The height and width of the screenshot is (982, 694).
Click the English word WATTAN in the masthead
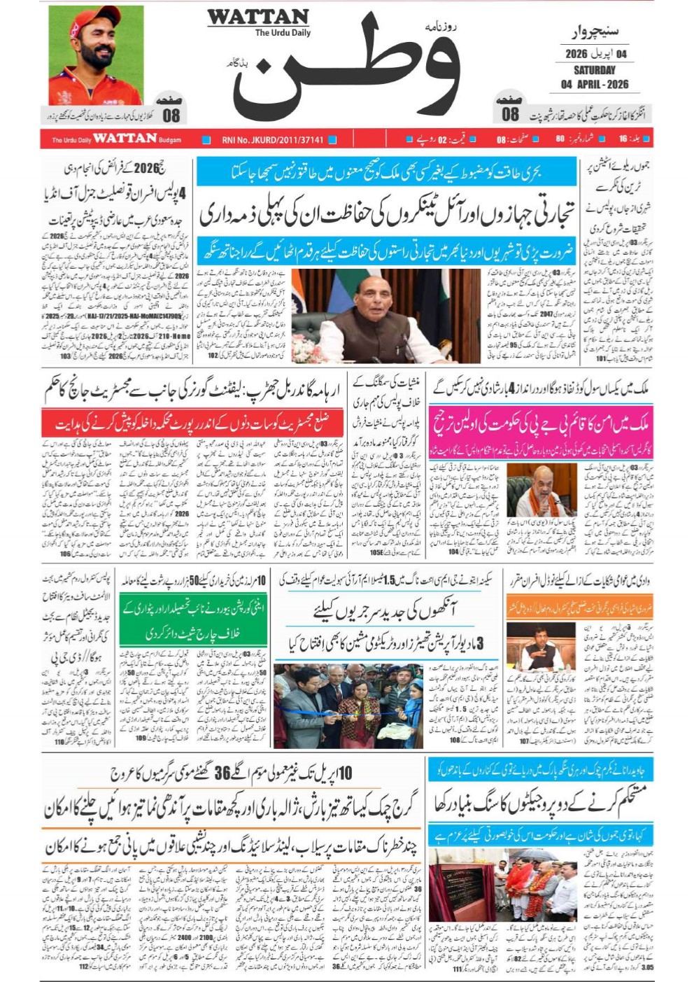[x=257, y=17]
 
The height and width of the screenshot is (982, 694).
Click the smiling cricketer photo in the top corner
[x=96, y=55]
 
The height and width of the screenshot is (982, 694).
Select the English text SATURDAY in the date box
[x=594, y=70]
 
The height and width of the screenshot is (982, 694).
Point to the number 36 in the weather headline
[x=222, y=773]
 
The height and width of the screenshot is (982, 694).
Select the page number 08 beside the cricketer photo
[x=171, y=115]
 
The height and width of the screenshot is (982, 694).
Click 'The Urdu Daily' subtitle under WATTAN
[x=282, y=33]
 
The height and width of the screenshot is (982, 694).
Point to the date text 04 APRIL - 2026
[x=594, y=84]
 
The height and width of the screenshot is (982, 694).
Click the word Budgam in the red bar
[x=170, y=140]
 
